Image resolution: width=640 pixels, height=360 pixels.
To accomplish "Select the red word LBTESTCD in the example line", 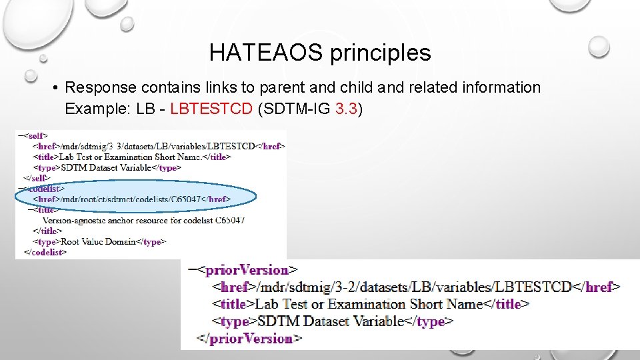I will click(x=211, y=109).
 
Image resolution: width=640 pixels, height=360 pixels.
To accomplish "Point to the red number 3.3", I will click(x=347, y=109).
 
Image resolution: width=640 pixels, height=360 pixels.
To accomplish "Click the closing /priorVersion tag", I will click(x=249, y=339).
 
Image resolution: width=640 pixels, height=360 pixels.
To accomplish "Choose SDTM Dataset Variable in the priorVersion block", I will click(x=330, y=321).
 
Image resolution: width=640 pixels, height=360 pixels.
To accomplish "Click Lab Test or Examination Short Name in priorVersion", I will click(x=369, y=304).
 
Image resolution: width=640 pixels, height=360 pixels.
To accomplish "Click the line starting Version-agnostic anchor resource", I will click(x=143, y=220).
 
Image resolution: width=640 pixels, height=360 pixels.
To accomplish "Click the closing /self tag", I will click(x=37, y=178).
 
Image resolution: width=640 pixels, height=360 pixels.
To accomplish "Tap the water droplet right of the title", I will click(x=599, y=46).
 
